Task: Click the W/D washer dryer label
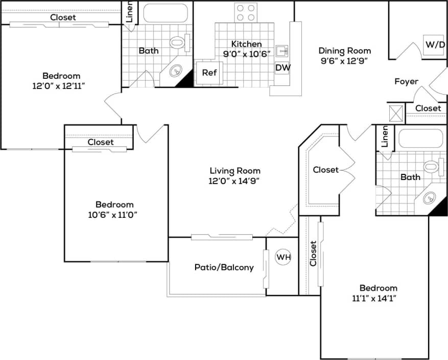tap(435, 45)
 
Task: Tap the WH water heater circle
tap(284, 257)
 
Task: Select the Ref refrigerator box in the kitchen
tap(209, 73)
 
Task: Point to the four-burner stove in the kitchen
tap(245, 13)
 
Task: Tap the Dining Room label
tap(344, 51)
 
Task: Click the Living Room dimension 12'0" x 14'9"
tap(235, 181)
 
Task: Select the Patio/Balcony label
tap(224, 267)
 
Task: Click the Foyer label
tap(406, 81)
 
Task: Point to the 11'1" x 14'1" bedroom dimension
tap(378, 298)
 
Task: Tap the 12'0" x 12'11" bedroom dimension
tap(58, 86)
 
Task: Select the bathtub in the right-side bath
tap(420, 139)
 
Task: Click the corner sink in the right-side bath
tap(430, 197)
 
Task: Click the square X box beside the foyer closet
tap(396, 112)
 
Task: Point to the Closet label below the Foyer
tap(428, 108)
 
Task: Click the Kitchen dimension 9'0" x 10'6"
tap(247, 54)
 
